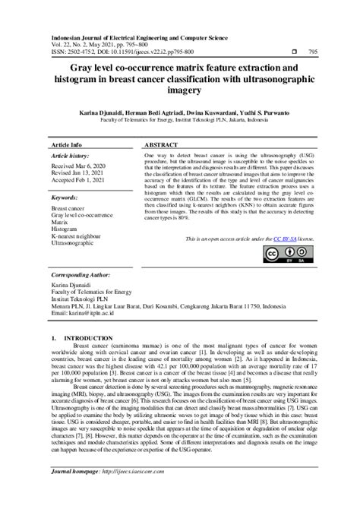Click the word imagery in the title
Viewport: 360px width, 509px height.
coord(179,90)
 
